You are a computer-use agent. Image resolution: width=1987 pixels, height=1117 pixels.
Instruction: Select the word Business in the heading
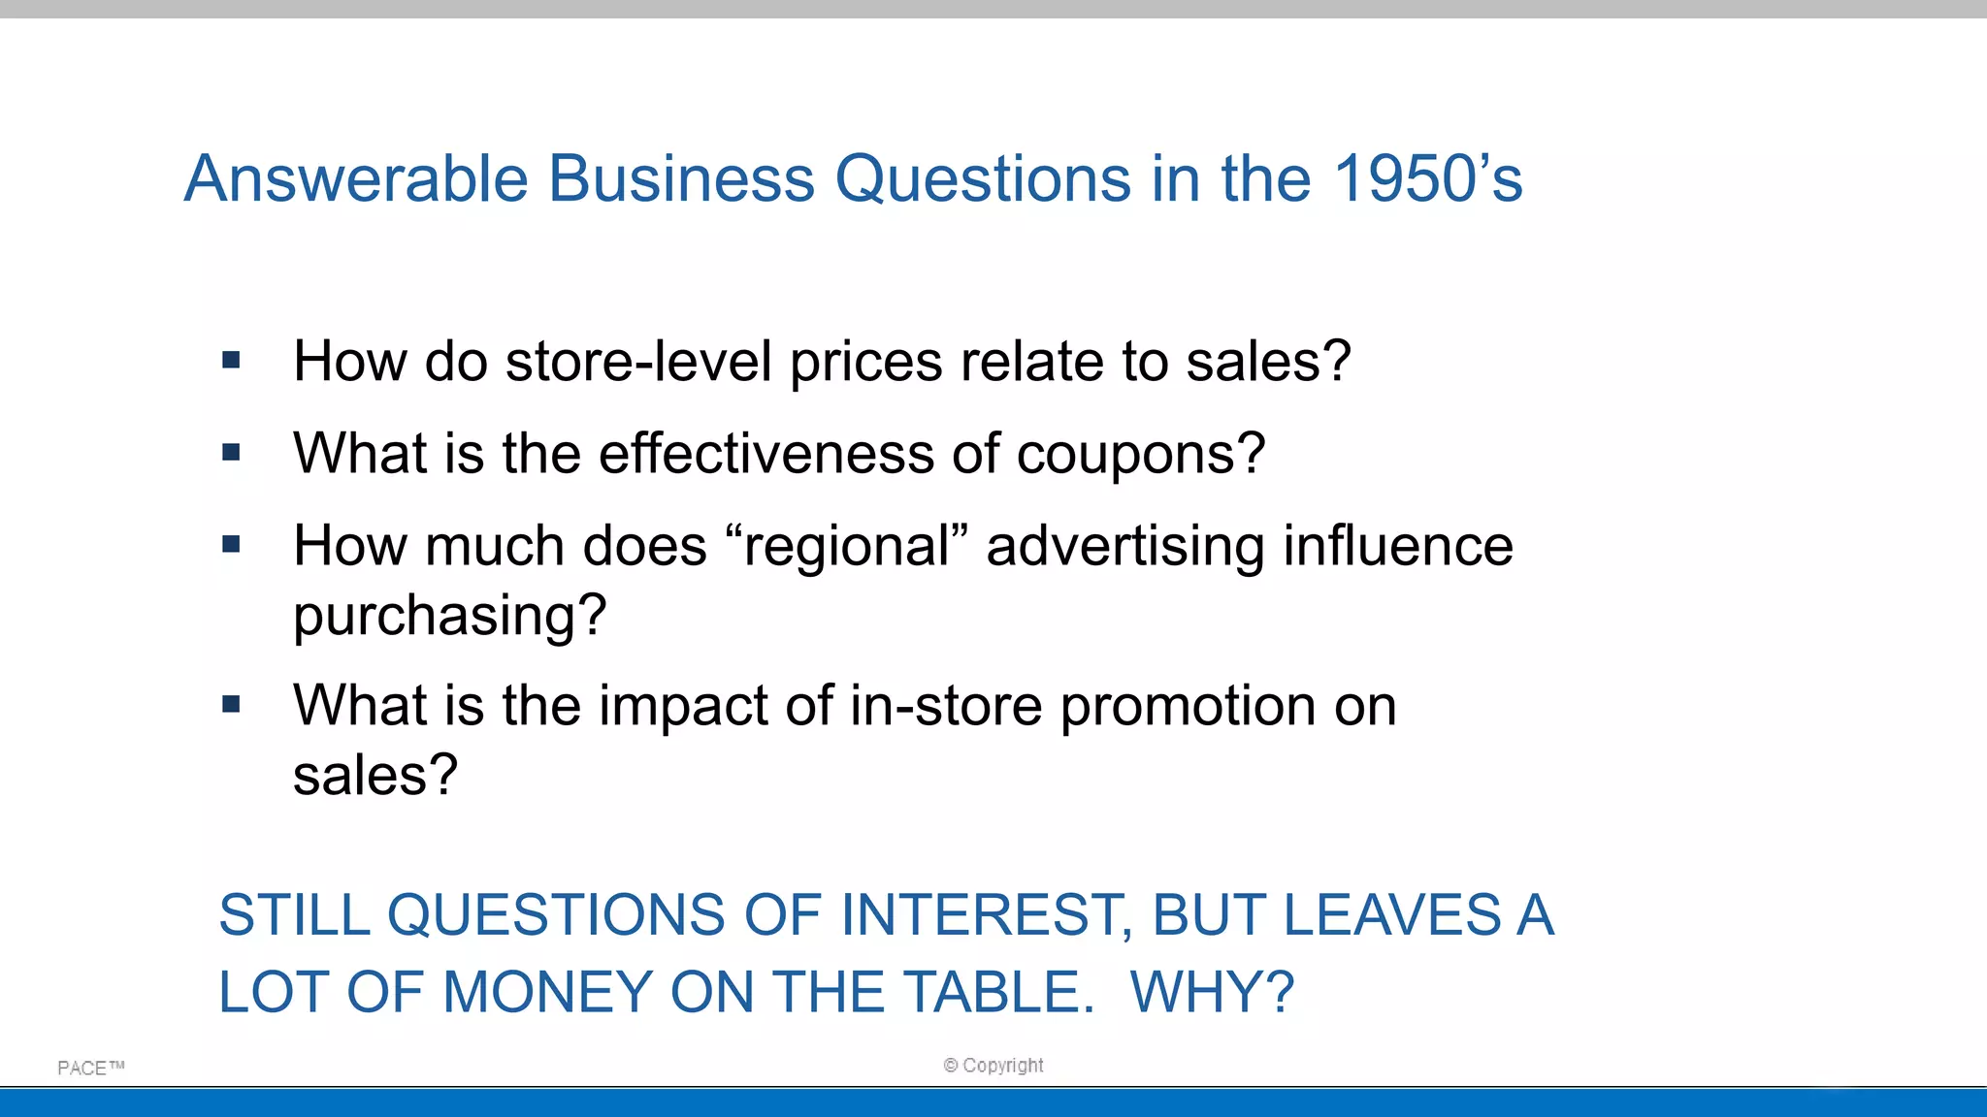681,179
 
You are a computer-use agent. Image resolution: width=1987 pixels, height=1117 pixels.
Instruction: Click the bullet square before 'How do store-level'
231,361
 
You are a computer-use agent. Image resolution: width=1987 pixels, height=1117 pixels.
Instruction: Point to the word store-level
638,362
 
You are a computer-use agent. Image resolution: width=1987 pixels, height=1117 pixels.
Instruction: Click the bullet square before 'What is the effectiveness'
231,452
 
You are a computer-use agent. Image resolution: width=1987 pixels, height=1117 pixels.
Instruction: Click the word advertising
1125,547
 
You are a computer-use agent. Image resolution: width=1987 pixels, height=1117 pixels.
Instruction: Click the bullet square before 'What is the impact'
231,704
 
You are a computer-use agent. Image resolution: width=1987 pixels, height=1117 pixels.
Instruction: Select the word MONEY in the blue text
548,992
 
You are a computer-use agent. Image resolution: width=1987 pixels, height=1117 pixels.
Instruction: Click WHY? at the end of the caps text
1212,992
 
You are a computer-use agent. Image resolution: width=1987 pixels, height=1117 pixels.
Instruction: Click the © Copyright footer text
993,1066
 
